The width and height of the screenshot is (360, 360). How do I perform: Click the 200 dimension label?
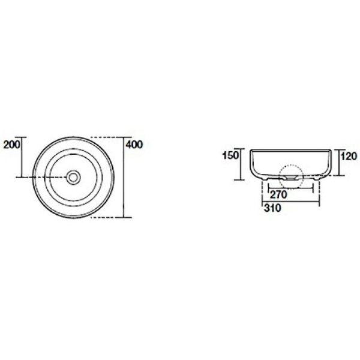[12, 145]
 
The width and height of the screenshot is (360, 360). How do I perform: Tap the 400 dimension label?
[134, 145]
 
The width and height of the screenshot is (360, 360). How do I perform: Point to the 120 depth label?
[349, 156]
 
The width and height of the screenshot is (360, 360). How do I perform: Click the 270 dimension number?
[278, 194]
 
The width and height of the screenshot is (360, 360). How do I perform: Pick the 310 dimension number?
[272, 208]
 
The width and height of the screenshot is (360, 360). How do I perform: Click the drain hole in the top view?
[73, 177]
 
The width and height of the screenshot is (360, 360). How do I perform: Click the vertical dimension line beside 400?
[124, 177]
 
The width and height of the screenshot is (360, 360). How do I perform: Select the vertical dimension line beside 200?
[22, 157]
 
